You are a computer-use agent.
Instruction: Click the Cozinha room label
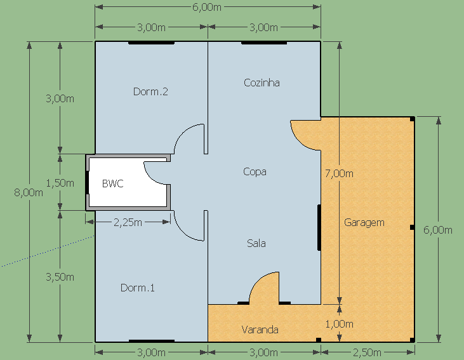coord(262,83)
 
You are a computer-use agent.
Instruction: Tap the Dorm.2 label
coord(150,91)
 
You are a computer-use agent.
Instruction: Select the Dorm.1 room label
coord(138,288)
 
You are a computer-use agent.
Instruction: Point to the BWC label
coord(113,183)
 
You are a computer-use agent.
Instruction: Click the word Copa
coord(255,171)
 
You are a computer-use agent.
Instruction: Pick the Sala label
coord(256,243)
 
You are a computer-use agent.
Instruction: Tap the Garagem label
coord(364,223)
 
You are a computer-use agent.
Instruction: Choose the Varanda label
coord(260,330)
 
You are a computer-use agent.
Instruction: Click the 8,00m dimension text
coord(29,193)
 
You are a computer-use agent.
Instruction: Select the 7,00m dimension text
coord(339,173)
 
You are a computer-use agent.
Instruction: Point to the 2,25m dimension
coord(128,222)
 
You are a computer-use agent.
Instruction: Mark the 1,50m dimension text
coord(60,183)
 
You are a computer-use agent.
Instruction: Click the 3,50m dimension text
coord(60,277)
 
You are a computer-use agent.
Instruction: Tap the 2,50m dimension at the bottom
coord(368,352)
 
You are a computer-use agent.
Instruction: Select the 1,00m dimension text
coord(340,324)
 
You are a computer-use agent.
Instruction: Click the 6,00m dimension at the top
coord(207,7)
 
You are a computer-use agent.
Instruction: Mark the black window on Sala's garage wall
coord(319,227)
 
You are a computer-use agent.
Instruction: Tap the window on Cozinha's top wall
coord(264,43)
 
